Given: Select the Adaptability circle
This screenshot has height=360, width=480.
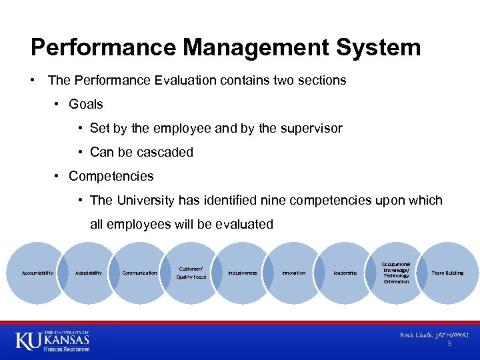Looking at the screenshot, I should click(89, 273).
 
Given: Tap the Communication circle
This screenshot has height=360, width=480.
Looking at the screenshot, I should click(140, 273).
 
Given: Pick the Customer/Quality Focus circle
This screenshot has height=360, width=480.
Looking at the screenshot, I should click(191, 273).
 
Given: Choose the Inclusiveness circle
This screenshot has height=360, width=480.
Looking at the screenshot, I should click(243, 273).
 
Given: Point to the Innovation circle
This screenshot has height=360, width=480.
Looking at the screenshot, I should click(293, 273).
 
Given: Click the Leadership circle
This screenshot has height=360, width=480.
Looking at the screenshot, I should click(345, 273).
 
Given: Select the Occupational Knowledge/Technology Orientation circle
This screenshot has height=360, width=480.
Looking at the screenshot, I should click(396, 273).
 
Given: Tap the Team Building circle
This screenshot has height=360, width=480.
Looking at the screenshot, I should click(447, 273).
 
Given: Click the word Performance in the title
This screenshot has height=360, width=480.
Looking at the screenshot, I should click(102, 48).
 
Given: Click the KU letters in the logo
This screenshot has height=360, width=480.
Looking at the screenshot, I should click(29, 340).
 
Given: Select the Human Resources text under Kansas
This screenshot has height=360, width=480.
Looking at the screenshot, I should click(66, 349).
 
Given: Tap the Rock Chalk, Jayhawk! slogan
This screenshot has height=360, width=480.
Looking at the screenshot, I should click(434, 335).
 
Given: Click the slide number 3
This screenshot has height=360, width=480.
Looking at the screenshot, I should click(449, 345).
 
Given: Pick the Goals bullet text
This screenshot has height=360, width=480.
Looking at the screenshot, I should click(86, 104).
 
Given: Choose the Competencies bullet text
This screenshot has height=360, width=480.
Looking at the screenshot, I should click(111, 177).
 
